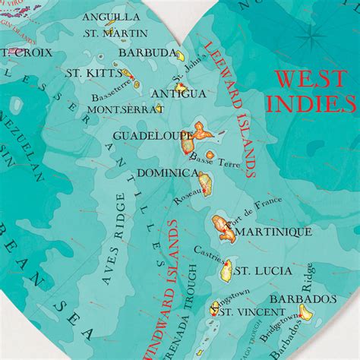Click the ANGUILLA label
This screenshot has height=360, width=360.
110,17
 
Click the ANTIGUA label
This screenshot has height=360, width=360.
178,93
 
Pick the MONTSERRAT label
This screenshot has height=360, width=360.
125,109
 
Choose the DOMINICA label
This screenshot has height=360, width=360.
167,173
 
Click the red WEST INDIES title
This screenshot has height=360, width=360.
314,90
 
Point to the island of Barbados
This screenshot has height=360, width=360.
306,312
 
